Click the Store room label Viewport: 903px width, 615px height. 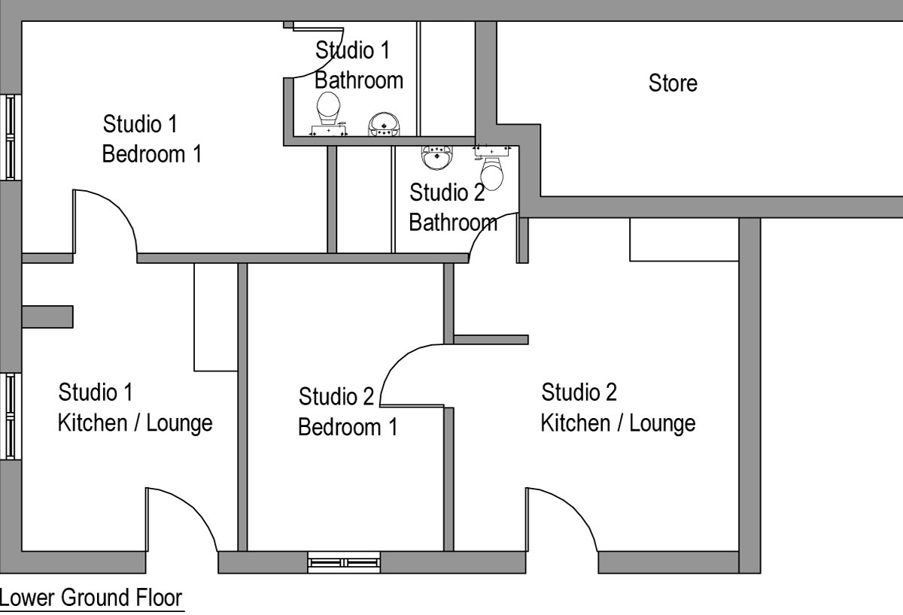(x=673, y=83)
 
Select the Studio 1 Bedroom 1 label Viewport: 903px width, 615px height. (x=151, y=139)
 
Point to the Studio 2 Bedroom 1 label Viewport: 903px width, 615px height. (x=348, y=411)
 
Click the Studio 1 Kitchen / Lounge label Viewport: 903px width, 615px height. (x=135, y=407)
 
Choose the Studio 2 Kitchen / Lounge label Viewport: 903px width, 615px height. (x=618, y=407)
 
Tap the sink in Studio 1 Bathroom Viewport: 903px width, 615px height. (x=384, y=124)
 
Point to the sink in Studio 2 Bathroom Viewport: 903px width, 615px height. (x=437, y=157)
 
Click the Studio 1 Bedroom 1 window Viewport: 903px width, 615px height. (x=11, y=137)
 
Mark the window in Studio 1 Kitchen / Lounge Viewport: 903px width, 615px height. (x=11, y=416)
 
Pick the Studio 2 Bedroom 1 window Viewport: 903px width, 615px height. (x=344, y=562)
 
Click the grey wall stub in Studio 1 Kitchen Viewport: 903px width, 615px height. (x=47, y=317)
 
